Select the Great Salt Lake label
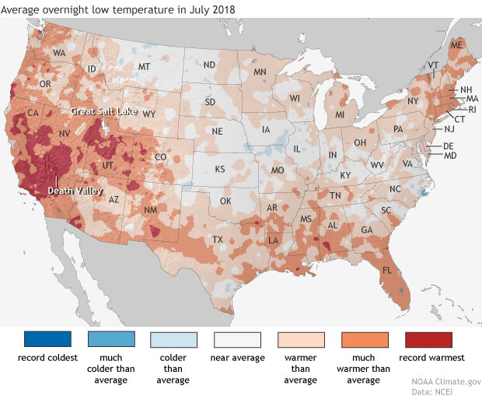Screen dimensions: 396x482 pyautogui.click(x=103, y=111)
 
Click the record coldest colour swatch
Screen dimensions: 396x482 pyautogui.click(x=47, y=340)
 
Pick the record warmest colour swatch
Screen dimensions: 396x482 pyautogui.click(x=428, y=340)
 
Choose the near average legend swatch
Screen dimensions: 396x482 pyautogui.click(x=237, y=340)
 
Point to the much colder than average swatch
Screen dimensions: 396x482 pyautogui.click(x=111, y=340)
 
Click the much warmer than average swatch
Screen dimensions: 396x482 pyautogui.click(x=364, y=340)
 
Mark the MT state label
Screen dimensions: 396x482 pyautogui.click(x=143, y=68)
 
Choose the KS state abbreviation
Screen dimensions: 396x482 pyautogui.click(x=220, y=169)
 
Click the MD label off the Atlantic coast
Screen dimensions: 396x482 pyautogui.click(x=449, y=156)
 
